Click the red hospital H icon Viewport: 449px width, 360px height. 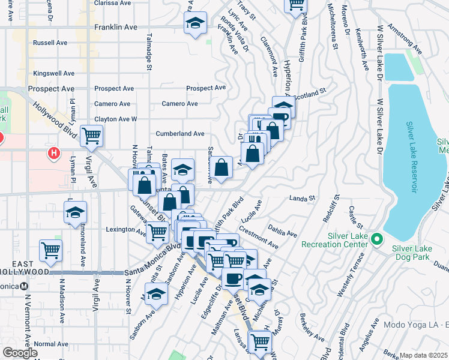click(54, 154)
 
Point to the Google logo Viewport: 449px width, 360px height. click(19, 353)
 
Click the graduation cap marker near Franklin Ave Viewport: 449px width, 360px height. click(195, 24)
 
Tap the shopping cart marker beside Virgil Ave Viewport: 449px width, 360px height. click(91, 136)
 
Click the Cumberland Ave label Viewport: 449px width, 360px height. click(180, 133)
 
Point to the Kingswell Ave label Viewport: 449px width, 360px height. click(54, 73)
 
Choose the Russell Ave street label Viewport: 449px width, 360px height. click(50, 43)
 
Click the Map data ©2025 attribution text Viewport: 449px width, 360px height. click(424, 355)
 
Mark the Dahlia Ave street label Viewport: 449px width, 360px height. click(283, 232)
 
